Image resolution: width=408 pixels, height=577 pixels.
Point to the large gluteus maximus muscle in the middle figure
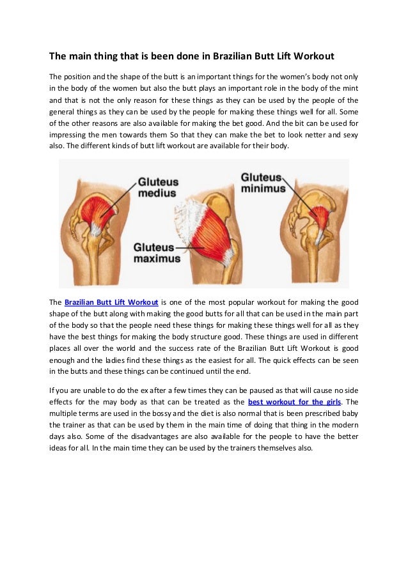[x=206, y=227]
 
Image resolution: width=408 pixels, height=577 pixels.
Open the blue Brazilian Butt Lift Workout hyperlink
[x=111, y=302]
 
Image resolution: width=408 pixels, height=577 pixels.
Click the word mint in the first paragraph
[x=349, y=88]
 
